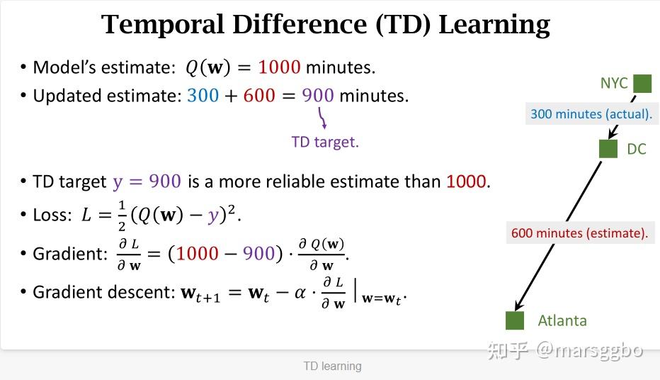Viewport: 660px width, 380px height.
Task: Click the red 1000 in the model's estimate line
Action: point(279,67)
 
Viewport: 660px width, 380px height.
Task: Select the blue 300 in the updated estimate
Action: point(203,96)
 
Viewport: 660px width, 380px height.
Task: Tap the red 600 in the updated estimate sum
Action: point(259,96)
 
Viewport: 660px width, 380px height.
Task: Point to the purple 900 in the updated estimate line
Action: point(318,96)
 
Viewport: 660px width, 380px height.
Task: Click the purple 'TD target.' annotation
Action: point(325,142)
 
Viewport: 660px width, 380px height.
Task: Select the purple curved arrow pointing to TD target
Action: point(322,118)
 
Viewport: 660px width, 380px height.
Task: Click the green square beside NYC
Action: point(642,84)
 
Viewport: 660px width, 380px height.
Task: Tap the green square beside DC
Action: point(608,149)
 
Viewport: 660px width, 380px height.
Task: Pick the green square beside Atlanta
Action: point(515,320)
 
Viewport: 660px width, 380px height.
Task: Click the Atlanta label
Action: point(562,321)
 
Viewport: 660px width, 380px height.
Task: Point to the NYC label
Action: point(614,84)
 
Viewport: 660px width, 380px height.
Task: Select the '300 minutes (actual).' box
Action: point(591,113)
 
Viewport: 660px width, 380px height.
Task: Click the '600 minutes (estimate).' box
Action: point(580,233)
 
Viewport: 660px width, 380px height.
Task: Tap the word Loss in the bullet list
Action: point(50,216)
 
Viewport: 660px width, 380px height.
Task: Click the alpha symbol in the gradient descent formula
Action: point(300,292)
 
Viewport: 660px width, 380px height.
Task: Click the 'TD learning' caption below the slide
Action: point(333,366)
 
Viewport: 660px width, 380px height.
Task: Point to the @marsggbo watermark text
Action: point(589,350)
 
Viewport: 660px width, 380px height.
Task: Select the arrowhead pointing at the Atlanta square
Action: point(518,305)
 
